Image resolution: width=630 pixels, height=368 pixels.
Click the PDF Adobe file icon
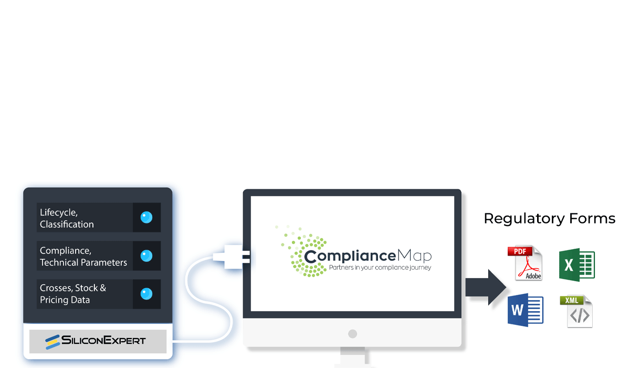point(525,263)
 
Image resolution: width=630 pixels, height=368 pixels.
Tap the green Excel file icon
point(577,264)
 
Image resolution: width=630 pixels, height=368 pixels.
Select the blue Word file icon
point(526,310)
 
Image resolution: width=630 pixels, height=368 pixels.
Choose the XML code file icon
point(576,311)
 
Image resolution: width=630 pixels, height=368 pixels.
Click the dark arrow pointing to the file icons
point(486,287)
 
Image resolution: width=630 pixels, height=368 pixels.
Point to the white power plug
point(231,257)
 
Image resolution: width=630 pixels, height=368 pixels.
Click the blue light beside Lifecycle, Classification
point(146,217)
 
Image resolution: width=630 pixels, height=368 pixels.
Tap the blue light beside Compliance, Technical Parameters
point(146,255)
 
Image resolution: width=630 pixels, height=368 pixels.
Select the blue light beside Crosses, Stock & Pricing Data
point(146,294)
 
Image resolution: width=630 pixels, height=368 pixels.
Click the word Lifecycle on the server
point(58,212)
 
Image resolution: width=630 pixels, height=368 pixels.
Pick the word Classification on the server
point(67,224)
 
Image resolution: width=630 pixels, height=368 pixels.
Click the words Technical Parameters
point(83,262)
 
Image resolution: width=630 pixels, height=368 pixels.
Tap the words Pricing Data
point(65,300)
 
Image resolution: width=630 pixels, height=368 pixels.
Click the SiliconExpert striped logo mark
point(52,342)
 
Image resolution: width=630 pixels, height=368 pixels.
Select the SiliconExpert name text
point(103,340)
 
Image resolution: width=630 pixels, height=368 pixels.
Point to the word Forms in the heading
point(592,219)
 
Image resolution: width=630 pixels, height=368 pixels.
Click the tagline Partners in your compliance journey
point(380,267)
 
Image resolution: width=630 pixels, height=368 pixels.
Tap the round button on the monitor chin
point(352,334)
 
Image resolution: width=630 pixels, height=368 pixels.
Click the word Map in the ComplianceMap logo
point(415,255)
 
